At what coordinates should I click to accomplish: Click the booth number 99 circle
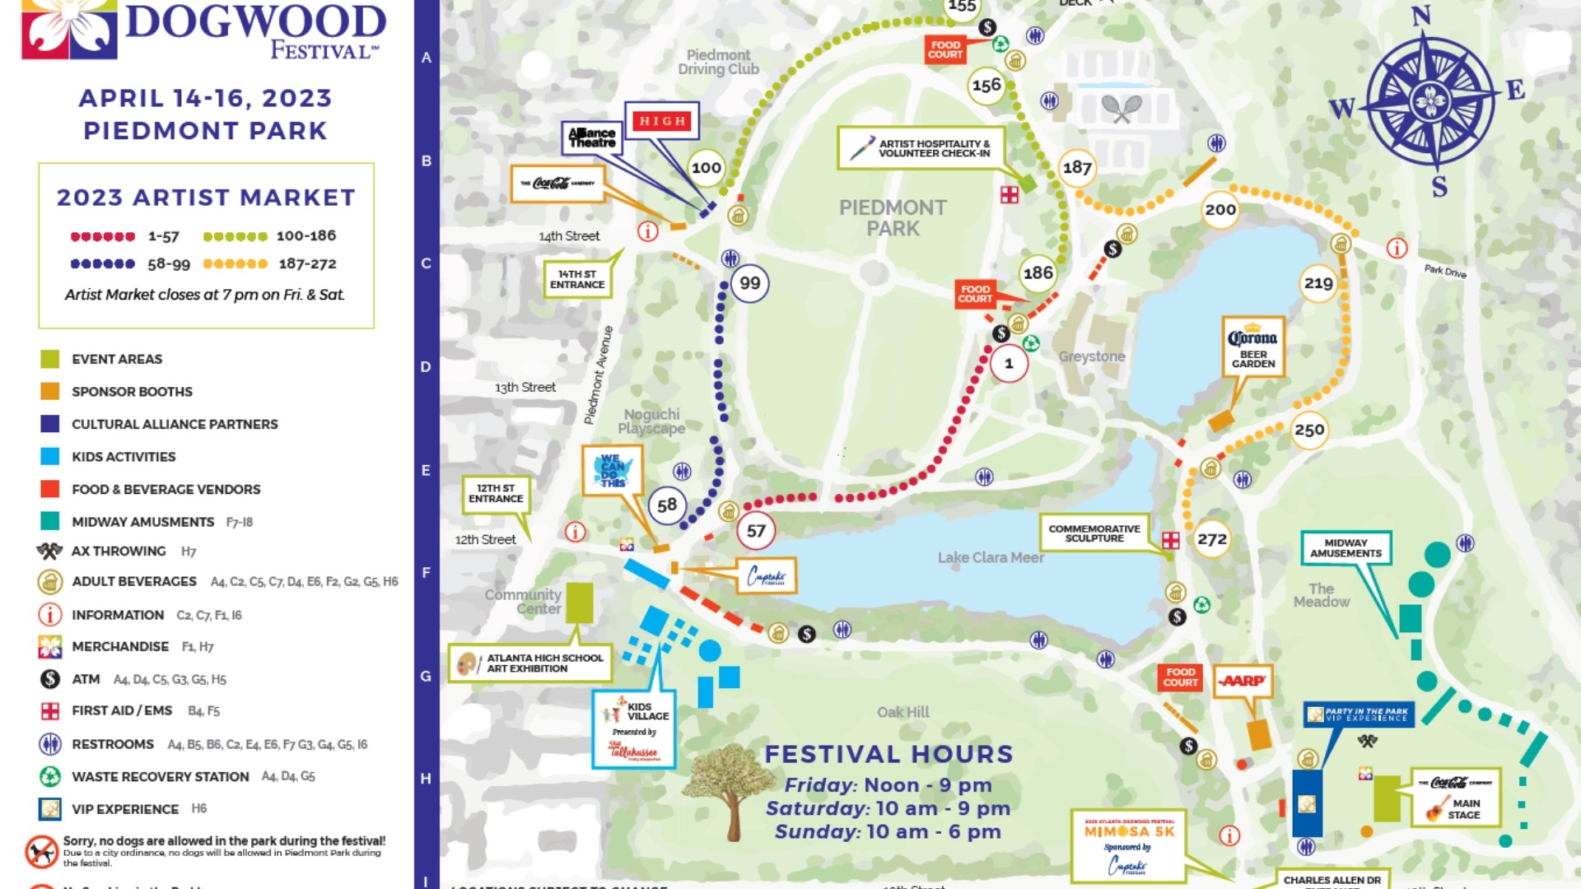click(749, 283)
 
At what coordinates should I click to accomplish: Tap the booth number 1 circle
click(1009, 363)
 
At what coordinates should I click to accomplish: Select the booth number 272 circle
click(1211, 539)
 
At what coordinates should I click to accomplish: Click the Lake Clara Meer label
click(990, 557)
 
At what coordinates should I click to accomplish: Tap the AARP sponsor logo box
click(1243, 681)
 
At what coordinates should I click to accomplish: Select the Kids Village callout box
click(634, 729)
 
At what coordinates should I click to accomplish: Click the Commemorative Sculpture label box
click(1094, 533)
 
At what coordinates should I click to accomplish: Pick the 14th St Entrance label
click(576, 279)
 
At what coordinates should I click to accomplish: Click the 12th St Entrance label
click(496, 493)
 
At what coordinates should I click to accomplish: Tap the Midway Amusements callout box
click(1345, 547)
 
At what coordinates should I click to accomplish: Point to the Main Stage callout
click(1455, 798)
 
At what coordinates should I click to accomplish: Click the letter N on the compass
click(1421, 16)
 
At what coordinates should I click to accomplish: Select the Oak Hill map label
click(902, 712)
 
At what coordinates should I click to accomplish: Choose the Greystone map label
click(1091, 356)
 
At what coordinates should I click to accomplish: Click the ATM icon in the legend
click(50, 679)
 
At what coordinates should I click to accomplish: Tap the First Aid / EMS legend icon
click(50, 711)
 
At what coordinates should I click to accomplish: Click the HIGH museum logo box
click(662, 121)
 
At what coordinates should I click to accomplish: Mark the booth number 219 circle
click(1317, 283)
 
